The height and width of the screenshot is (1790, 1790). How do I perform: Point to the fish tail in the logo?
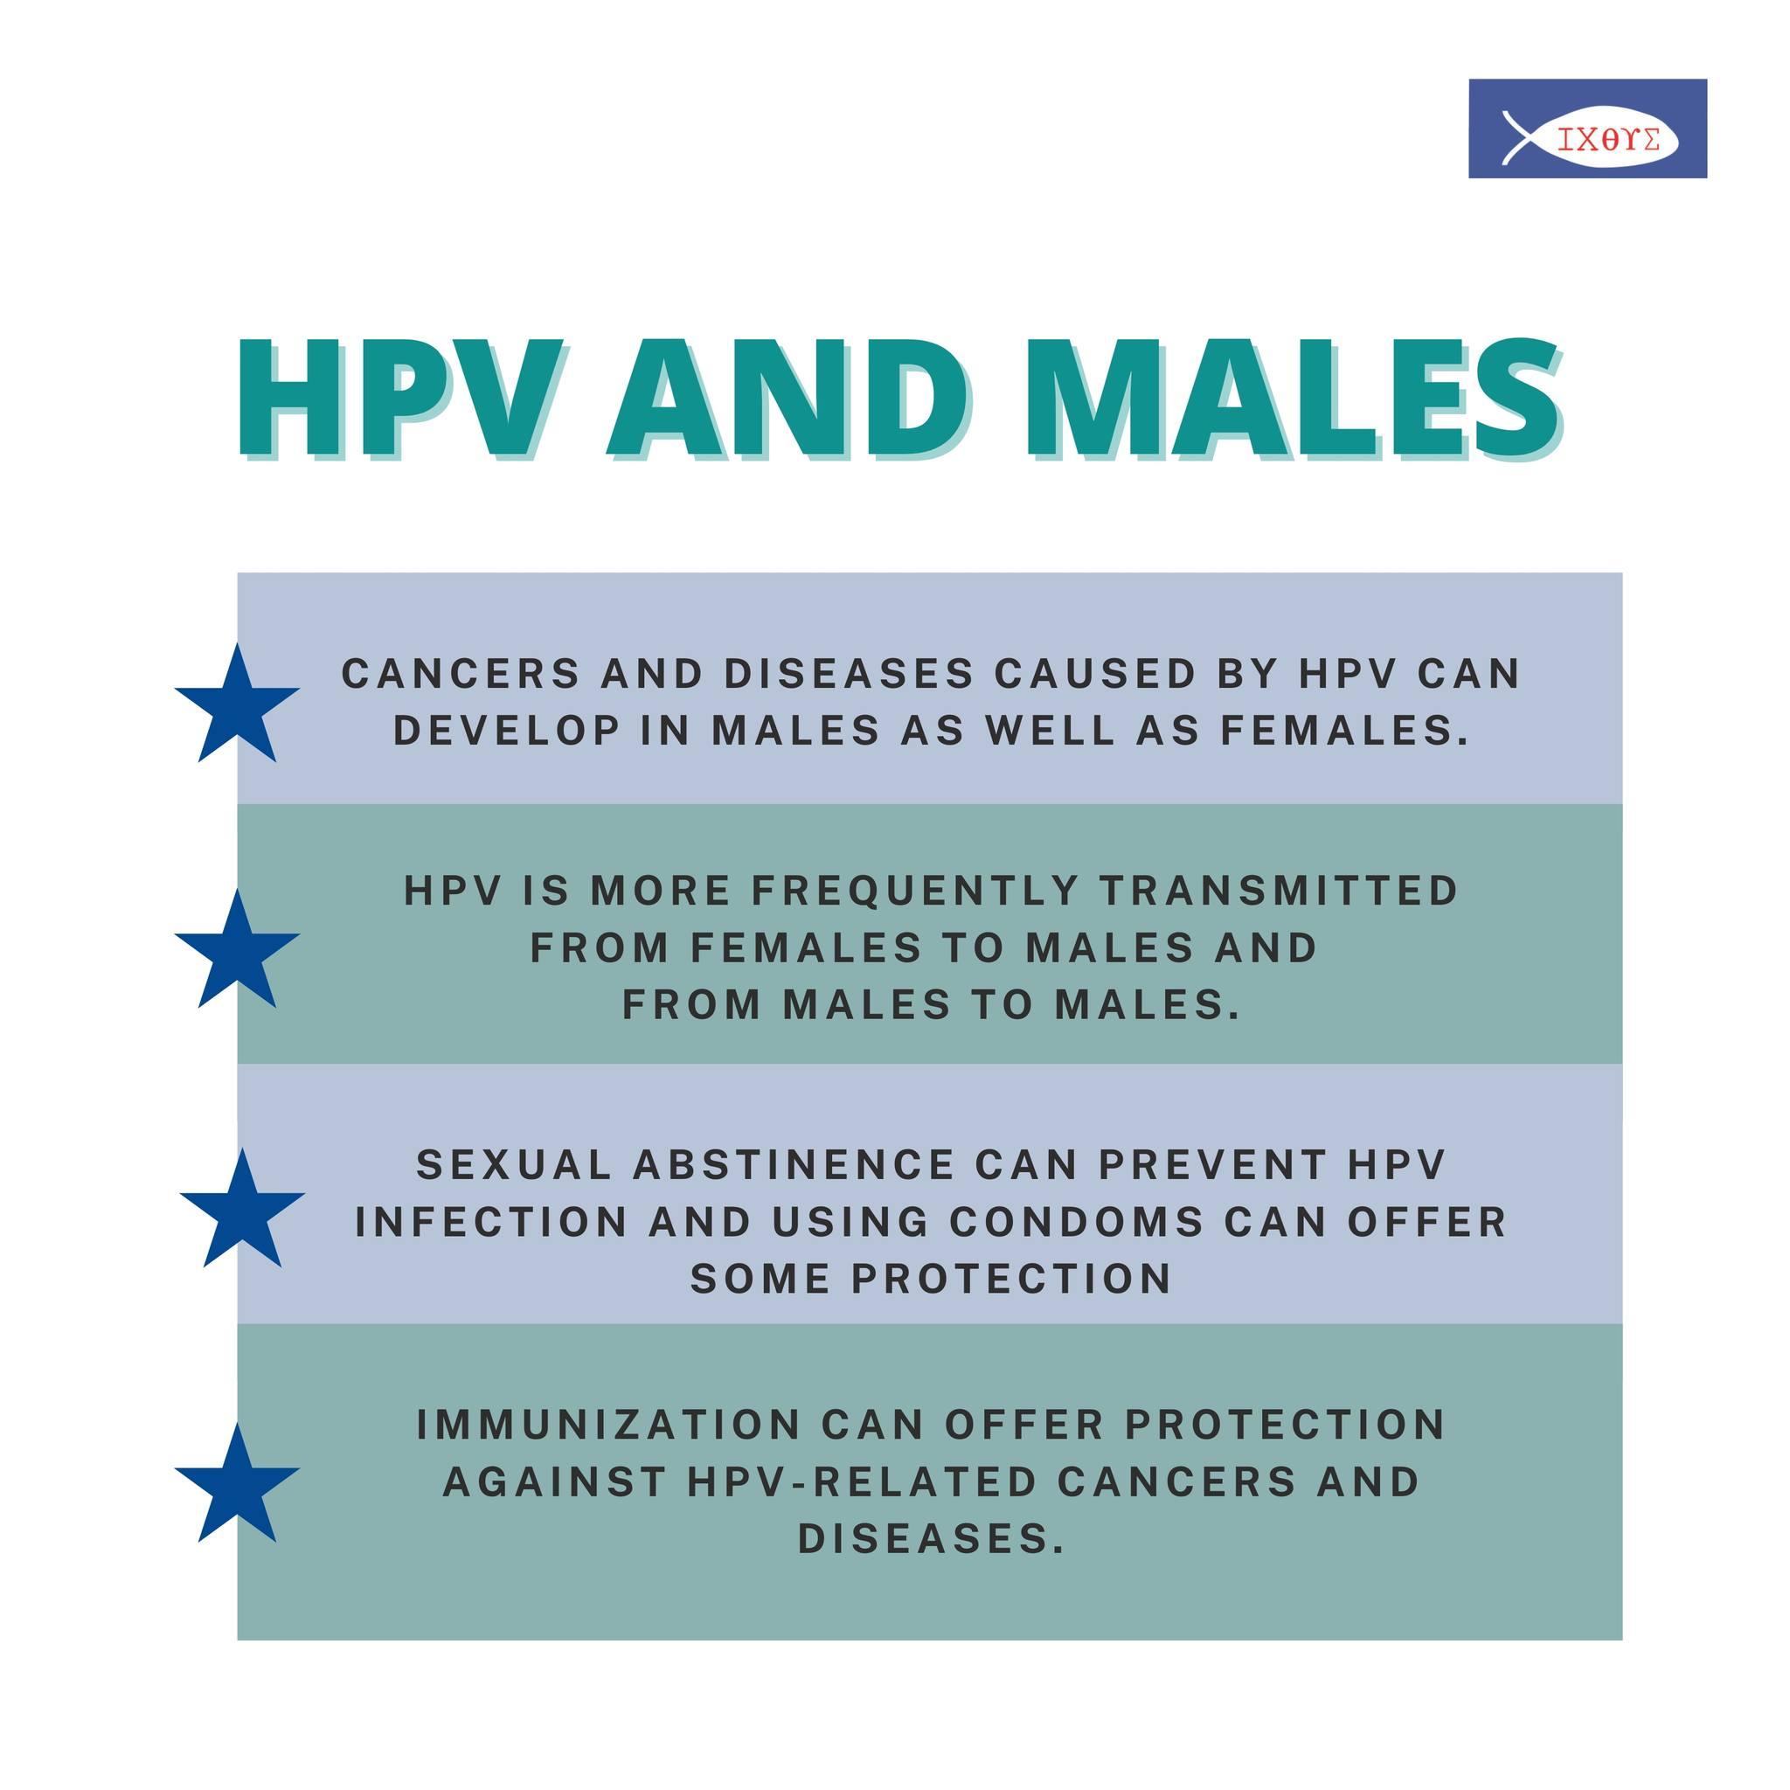point(1515,138)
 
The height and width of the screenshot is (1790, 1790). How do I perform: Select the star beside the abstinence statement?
point(242,1208)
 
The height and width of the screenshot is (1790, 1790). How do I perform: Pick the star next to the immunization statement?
point(236,1483)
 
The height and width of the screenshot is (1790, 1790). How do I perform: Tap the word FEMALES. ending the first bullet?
point(1345,731)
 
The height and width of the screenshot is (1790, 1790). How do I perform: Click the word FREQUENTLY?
point(915,892)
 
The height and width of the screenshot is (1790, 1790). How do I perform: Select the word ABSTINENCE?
point(794,1164)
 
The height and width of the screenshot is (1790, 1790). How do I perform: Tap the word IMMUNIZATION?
point(608,1424)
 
